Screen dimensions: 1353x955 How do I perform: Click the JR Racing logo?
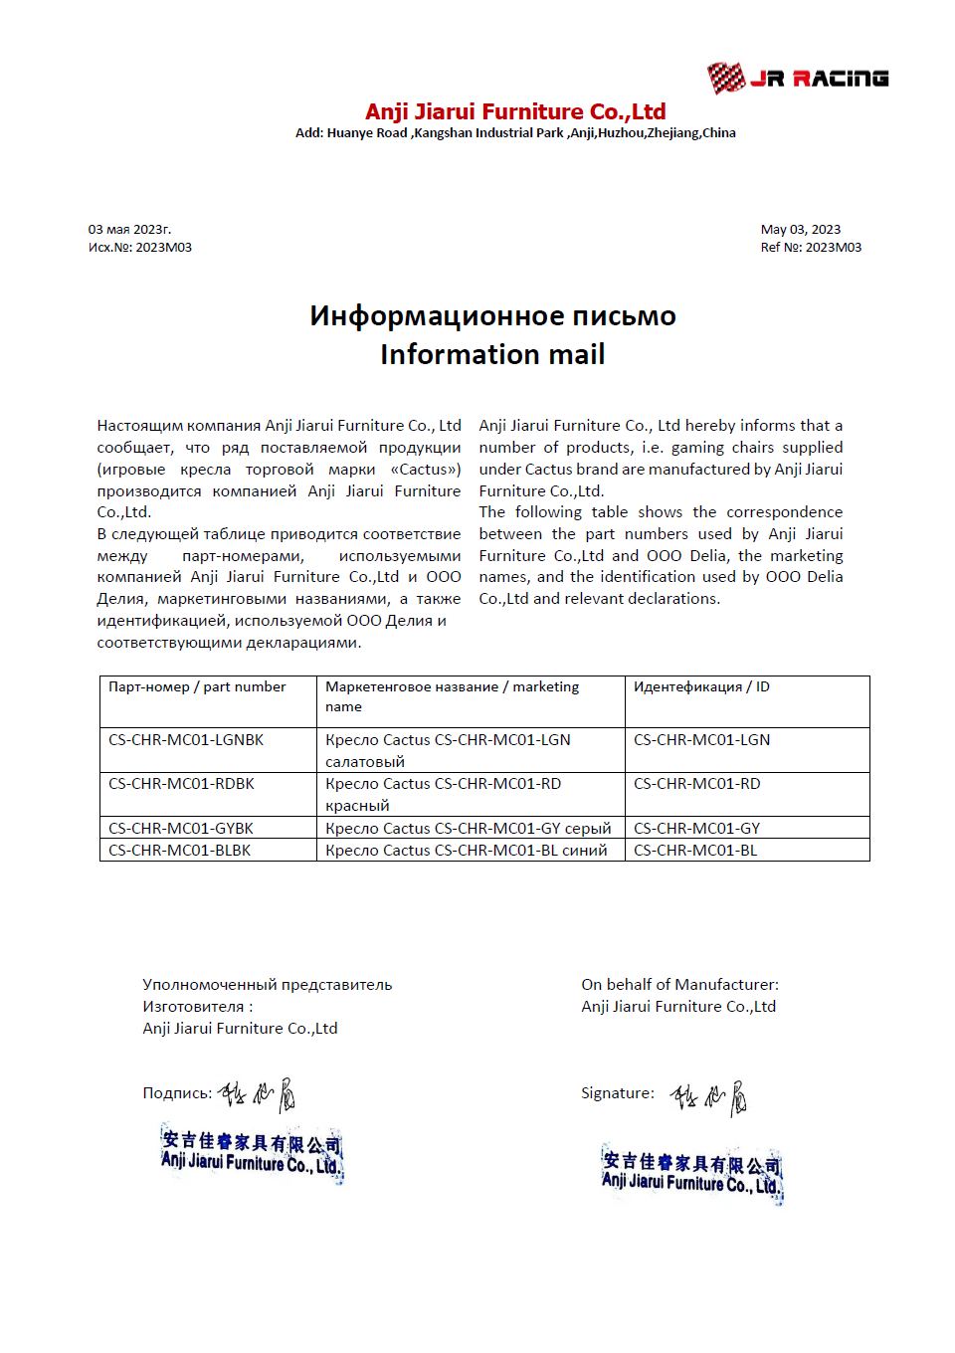tap(797, 78)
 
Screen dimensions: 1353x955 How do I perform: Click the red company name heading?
tap(514, 111)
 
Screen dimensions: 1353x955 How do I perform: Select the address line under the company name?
tap(514, 133)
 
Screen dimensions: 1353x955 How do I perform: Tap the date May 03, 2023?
tap(800, 230)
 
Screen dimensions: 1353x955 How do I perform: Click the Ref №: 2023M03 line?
tap(811, 248)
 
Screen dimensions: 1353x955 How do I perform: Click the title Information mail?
tap(492, 354)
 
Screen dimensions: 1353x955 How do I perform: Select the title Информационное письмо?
tap(492, 316)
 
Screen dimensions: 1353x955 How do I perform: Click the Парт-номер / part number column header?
tap(197, 687)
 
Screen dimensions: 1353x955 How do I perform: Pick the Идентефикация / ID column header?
tap(701, 687)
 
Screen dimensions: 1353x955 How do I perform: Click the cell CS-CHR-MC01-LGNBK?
tap(186, 740)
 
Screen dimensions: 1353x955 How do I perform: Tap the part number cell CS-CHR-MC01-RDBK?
tap(181, 784)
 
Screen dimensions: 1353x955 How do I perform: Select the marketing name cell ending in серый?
tap(468, 828)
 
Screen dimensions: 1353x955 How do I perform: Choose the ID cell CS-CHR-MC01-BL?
tap(695, 851)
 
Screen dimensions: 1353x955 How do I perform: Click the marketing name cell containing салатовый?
tap(448, 750)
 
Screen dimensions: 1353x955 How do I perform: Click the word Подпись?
tap(176, 1093)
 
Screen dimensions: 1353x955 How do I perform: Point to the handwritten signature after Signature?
tap(708, 1097)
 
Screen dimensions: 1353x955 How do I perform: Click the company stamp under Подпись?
tap(252, 1154)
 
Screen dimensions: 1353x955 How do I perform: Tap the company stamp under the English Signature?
tap(691, 1174)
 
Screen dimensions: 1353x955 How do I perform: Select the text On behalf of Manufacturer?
tap(679, 985)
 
